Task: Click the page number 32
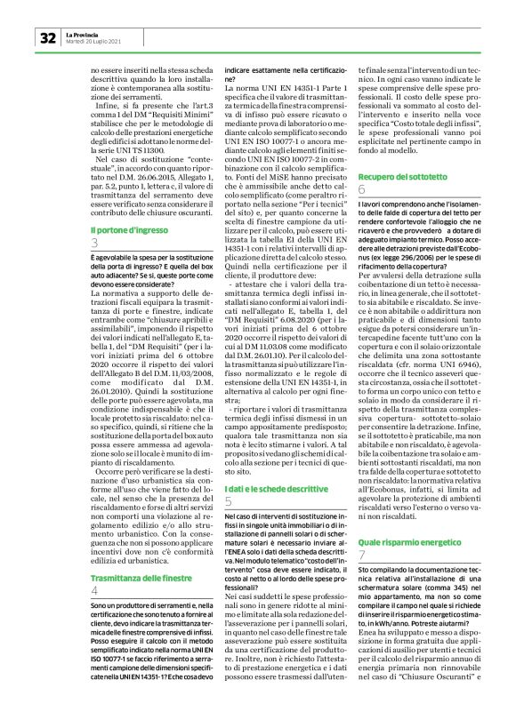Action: coord(46,39)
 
